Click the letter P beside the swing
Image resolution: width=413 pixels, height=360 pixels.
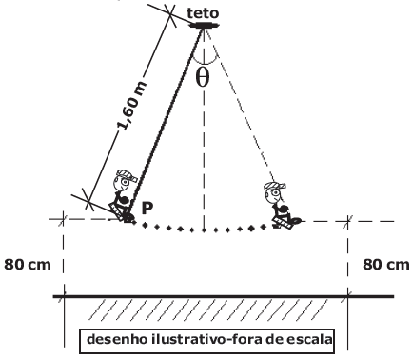(147, 206)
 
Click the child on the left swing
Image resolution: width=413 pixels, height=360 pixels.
(124, 198)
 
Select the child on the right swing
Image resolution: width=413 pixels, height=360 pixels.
(279, 205)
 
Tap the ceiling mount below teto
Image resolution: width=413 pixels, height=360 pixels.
(203, 26)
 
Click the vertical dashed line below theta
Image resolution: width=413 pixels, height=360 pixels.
(202, 162)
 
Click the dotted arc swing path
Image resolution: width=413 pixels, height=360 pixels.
(202, 230)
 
